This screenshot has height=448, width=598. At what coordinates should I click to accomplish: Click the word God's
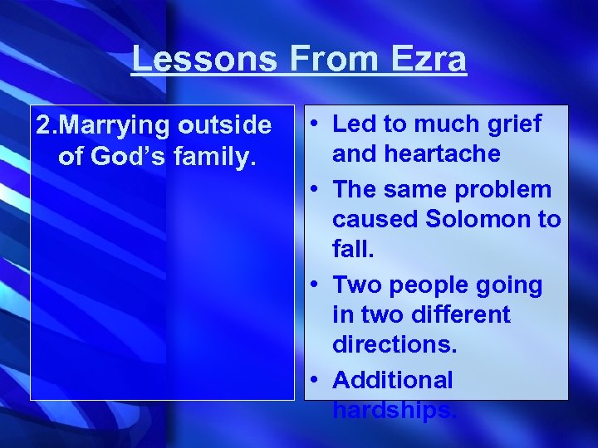[x=123, y=156]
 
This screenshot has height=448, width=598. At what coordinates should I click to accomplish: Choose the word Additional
[x=393, y=380]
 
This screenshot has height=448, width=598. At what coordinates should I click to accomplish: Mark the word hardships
[x=395, y=410]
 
